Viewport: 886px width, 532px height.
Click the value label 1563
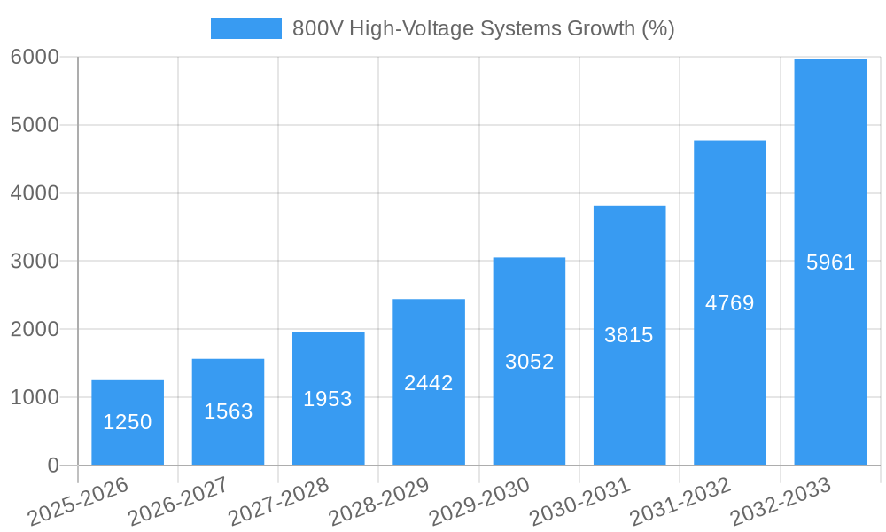(x=229, y=411)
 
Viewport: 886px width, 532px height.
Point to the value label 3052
(x=529, y=362)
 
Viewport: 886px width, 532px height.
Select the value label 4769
(x=730, y=303)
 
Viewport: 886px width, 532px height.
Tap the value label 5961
(x=830, y=262)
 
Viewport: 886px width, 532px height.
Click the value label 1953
(x=328, y=399)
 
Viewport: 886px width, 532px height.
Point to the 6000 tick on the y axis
(x=35, y=57)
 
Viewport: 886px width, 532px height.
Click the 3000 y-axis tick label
(x=35, y=262)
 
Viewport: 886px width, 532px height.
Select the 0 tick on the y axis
(x=52, y=465)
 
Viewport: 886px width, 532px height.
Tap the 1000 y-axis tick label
(x=35, y=397)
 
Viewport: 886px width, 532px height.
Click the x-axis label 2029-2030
(x=480, y=501)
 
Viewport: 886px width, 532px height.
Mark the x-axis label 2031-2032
(x=680, y=501)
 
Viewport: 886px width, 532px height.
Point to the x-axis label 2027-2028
(x=279, y=501)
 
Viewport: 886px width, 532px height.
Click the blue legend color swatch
(x=245, y=28)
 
